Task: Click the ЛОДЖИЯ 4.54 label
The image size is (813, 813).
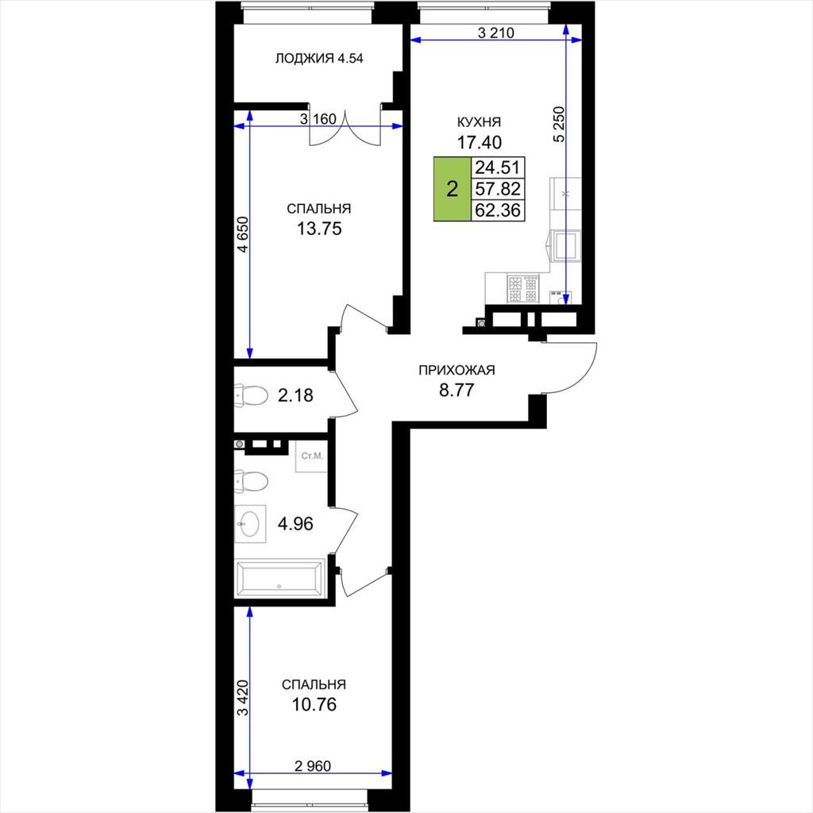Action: (319, 59)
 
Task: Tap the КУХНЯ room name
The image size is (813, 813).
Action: (479, 122)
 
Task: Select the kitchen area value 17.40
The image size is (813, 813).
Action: (479, 141)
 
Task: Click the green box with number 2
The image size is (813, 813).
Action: (452, 189)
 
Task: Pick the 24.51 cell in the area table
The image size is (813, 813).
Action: (498, 168)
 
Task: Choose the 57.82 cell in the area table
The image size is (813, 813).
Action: (498, 189)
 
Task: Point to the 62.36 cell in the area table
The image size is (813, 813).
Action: (498, 210)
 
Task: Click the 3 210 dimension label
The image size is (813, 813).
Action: (495, 33)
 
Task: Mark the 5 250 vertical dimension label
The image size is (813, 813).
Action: (560, 125)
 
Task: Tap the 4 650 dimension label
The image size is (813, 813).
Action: (243, 234)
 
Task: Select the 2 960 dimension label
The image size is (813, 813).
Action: (313, 765)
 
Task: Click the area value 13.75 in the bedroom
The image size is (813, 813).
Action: (319, 229)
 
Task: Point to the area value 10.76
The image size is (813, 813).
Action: (314, 705)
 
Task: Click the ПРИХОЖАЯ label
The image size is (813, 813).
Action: (457, 370)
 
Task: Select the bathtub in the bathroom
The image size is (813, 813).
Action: (279, 578)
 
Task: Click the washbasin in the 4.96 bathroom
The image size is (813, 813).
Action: (250, 524)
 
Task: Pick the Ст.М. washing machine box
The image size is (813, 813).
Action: (312, 457)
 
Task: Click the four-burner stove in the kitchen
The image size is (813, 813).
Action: (524, 289)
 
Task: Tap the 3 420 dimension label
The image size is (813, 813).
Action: (243, 698)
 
